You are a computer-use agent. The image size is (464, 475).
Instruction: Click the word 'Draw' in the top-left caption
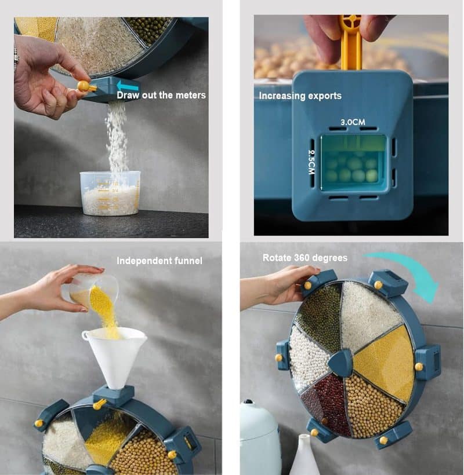point(128,95)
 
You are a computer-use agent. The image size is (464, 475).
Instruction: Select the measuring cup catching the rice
point(110,193)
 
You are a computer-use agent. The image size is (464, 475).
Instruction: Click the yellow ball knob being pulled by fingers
point(83,86)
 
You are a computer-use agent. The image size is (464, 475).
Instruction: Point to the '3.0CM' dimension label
point(353,122)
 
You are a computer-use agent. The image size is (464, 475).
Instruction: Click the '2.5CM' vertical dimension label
point(311,162)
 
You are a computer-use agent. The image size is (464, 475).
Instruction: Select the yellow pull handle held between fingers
point(351,42)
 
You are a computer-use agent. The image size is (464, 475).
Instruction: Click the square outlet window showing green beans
point(354,163)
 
